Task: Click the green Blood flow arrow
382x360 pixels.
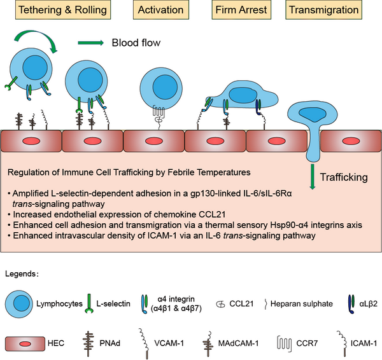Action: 91,43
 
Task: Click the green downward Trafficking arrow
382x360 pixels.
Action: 313,176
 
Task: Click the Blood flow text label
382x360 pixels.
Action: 136,43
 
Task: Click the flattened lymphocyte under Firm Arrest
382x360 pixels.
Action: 243,97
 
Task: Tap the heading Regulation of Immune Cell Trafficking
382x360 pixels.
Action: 121,172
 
